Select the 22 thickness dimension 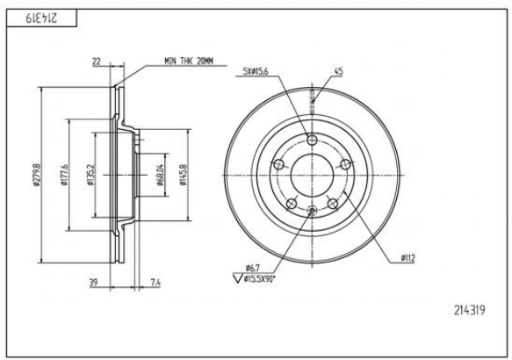(x=97, y=61)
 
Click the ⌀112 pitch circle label (x=407, y=257)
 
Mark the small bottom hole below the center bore (x=312, y=208)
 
